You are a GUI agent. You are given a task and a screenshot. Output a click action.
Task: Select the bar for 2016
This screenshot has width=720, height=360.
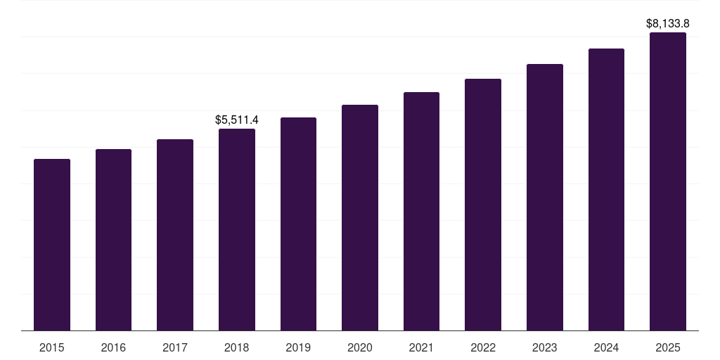pyautogui.click(x=113, y=240)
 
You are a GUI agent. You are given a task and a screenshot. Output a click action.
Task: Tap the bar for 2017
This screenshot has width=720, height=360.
pyautogui.click(x=175, y=235)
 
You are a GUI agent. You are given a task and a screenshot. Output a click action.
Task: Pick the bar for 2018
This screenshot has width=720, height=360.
pyautogui.click(x=237, y=229)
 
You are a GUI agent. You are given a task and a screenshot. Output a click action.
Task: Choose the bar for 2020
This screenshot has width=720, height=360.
pyautogui.click(x=360, y=217)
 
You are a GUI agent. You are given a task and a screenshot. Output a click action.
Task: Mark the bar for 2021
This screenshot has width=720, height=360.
pyautogui.click(x=421, y=211)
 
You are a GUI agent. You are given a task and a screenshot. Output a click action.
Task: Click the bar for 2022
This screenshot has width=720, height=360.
pyautogui.click(x=483, y=205)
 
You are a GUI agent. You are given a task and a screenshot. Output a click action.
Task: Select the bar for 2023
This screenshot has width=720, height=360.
pyautogui.click(x=545, y=197)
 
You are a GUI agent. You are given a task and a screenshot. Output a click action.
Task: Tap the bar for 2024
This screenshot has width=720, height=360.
pyautogui.click(x=606, y=189)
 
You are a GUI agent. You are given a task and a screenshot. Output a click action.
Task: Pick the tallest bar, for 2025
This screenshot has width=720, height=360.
pyautogui.click(x=668, y=181)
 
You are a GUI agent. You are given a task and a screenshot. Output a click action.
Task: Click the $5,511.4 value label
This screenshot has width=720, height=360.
pyautogui.click(x=237, y=120)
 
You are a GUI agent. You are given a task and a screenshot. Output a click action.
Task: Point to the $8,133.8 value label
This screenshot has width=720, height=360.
pyautogui.click(x=668, y=24)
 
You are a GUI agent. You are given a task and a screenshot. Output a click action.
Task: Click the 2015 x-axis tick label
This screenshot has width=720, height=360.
pyautogui.click(x=52, y=347)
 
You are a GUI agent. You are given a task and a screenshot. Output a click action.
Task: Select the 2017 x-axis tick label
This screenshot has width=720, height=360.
pyautogui.click(x=175, y=347)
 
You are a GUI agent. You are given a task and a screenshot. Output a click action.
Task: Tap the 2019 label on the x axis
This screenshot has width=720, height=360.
pyautogui.click(x=298, y=347)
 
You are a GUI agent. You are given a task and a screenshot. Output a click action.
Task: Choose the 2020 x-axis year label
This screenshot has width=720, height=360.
pyautogui.click(x=360, y=347)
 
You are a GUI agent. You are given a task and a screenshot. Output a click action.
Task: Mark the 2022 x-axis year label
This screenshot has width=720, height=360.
pyautogui.click(x=483, y=347)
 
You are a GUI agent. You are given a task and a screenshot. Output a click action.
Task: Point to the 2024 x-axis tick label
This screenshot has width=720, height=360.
pyautogui.click(x=606, y=347)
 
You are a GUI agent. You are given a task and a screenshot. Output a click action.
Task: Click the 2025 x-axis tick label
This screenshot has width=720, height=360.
pyautogui.click(x=668, y=347)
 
